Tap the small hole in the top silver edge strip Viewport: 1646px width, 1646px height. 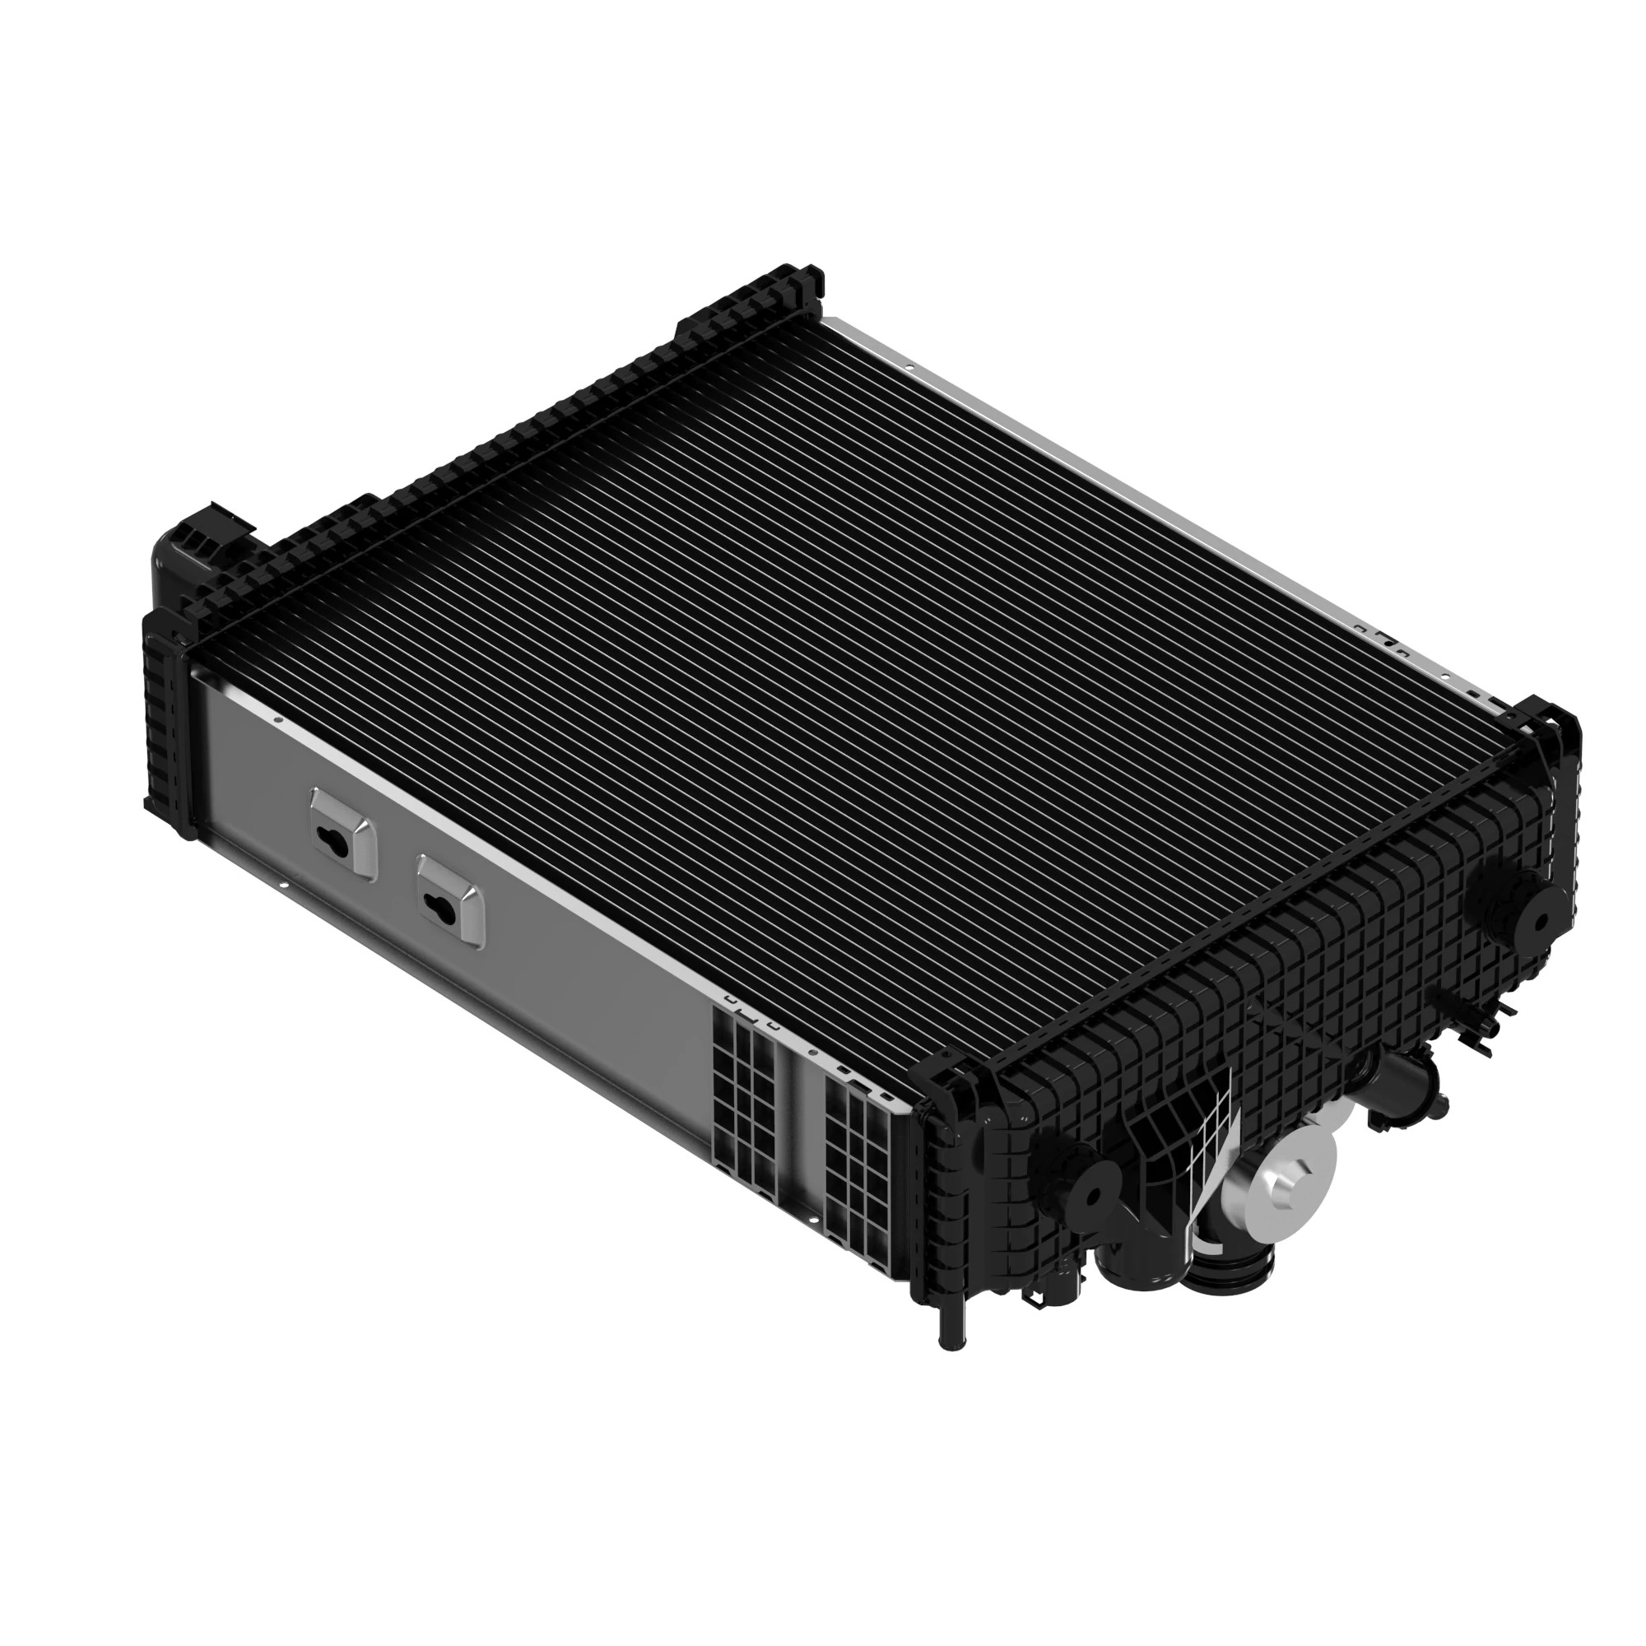click(910, 368)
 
